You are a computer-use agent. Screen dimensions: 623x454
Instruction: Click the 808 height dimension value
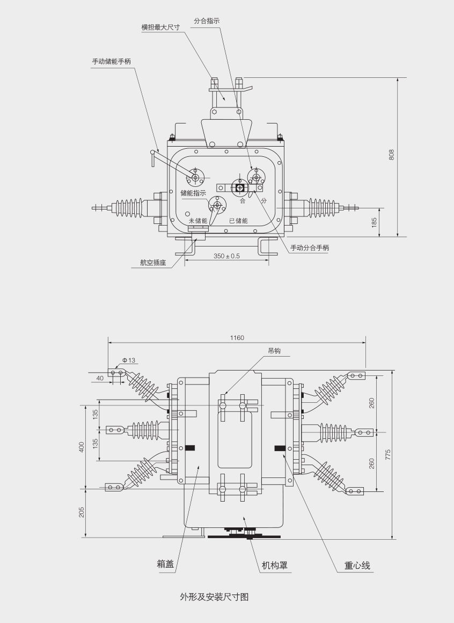point(391,155)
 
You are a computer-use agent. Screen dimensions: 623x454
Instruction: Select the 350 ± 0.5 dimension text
point(226,256)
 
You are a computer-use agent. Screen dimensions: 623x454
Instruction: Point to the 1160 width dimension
point(237,338)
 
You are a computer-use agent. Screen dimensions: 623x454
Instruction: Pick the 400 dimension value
point(82,447)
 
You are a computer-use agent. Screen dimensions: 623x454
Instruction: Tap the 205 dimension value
point(82,513)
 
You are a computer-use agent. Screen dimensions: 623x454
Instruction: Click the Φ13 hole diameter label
point(129,360)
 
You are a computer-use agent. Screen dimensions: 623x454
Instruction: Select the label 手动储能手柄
point(111,61)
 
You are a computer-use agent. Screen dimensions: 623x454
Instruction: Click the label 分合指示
point(207,21)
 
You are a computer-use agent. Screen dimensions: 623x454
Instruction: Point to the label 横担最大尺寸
point(160,27)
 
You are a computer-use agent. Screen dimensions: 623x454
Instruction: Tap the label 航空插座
point(153,263)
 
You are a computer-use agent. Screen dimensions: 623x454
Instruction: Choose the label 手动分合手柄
point(310,248)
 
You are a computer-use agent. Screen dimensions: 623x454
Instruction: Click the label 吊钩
point(274,351)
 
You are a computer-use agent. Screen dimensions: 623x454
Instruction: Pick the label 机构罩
point(274,565)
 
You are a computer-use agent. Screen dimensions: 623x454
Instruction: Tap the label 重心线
point(357,566)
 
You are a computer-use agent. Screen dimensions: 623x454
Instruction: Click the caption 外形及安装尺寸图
point(214,597)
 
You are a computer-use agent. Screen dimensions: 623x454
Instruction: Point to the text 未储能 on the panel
point(197,221)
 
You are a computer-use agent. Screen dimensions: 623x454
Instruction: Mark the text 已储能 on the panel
point(238,221)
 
